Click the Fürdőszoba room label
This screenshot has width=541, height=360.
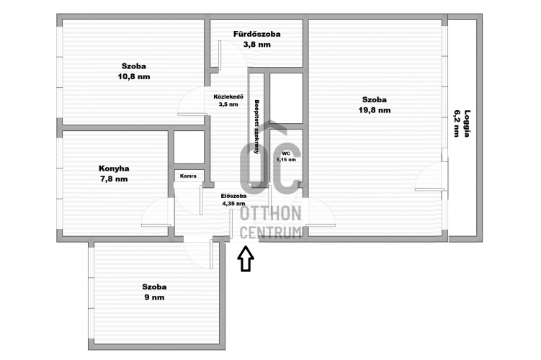[256, 34]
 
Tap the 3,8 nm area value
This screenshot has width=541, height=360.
[257, 45]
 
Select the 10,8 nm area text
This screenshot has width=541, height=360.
[134, 76]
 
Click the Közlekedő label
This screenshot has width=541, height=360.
[228, 97]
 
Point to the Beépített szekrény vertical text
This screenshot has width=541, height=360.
[256, 127]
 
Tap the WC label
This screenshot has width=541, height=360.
[286, 153]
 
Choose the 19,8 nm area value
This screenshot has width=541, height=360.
[375, 110]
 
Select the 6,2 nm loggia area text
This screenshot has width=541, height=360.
[457, 123]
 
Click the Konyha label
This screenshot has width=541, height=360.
[114, 168]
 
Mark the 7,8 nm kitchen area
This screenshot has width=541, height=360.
[114, 179]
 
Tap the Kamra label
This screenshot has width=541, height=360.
[188, 176]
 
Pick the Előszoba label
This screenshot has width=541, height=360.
[233, 197]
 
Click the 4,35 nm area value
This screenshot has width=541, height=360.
[233, 204]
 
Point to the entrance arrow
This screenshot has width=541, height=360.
[246, 258]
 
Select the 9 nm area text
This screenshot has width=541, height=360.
[154, 297]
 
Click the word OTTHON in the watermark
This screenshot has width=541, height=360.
[271, 214]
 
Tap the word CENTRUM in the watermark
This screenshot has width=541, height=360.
[271, 233]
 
